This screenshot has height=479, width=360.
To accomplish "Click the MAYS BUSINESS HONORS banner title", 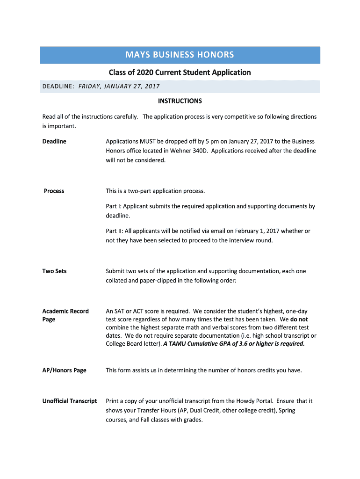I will coord(180,55).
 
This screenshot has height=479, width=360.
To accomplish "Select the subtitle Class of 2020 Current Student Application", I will coord(180,73).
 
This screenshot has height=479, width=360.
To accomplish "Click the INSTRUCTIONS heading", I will coord(180,101).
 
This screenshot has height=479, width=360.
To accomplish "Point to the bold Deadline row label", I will coord(54,141).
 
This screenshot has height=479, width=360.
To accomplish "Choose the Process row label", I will coord(54,191).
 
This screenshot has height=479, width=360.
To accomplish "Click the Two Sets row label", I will coord(54,271).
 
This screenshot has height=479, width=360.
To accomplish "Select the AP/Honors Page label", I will coord(64,370).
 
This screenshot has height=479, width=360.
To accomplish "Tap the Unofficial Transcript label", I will coord(69,401).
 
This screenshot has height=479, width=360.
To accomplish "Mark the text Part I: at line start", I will coord(113,206).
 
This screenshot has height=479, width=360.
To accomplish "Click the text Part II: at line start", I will coord(114,231).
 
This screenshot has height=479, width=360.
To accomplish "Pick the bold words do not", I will coord(299,319).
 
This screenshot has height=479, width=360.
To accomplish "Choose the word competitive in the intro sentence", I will coord(239,116).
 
